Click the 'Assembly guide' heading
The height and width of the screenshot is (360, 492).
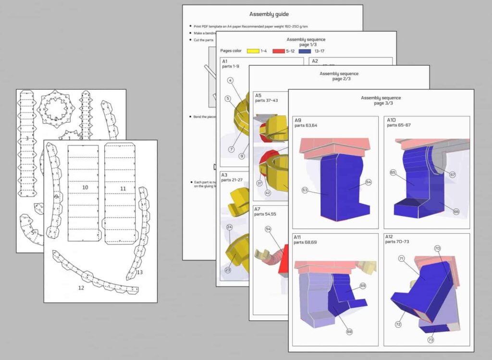pos(272,15)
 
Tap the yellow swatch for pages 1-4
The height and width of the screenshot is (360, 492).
pos(253,50)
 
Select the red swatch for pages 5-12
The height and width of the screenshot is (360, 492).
pos(279,50)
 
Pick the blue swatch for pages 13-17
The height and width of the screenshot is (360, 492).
pos(306,50)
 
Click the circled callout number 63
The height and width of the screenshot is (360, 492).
pos(305,191)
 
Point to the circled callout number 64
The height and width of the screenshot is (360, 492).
pos(369,182)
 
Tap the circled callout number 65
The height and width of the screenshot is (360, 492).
pos(393,172)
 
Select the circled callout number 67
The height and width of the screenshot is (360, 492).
pos(453,175)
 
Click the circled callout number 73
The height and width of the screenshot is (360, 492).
pos(430,340)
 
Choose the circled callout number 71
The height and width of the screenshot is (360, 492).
pos(401,259)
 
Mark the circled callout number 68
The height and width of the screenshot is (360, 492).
pos(349,331)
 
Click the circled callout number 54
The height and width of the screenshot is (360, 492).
pos(268,229)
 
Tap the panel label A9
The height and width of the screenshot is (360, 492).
pos(298,120)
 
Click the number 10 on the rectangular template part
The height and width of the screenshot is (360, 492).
pos(85,187)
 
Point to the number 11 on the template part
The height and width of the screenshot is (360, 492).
pos(123,189)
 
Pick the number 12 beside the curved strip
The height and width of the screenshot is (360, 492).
pos(81,288)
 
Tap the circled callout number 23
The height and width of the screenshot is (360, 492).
pos(228,270)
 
